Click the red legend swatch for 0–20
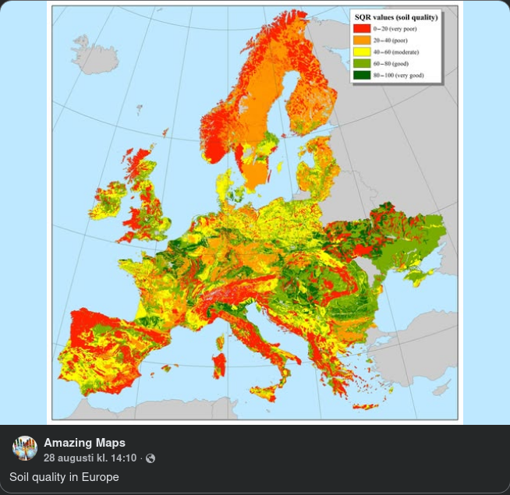362,28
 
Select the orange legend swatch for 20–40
362,40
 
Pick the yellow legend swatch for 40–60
362,51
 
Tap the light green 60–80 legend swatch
362,63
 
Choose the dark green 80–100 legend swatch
362,75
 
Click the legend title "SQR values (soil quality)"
396,16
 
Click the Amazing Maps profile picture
25,448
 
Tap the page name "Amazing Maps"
84,443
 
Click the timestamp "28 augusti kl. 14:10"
90,458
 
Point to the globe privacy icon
151,458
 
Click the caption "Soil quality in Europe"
64,476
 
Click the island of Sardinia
219,365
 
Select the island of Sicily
265,387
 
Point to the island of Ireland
108,200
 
